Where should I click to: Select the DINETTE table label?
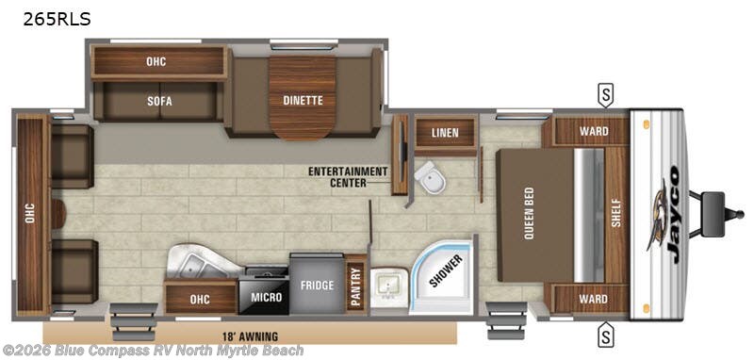point(303,100)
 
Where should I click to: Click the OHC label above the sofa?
point(156,62)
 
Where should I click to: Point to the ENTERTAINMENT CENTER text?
point(347,176)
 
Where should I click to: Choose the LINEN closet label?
point(445,133)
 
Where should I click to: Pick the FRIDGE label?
point(316,283)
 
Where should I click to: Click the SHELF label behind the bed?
point(617,215)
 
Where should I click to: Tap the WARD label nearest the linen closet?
point(593,131)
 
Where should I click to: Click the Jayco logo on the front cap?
point(663,207)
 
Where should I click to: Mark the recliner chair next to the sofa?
point(72,155)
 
